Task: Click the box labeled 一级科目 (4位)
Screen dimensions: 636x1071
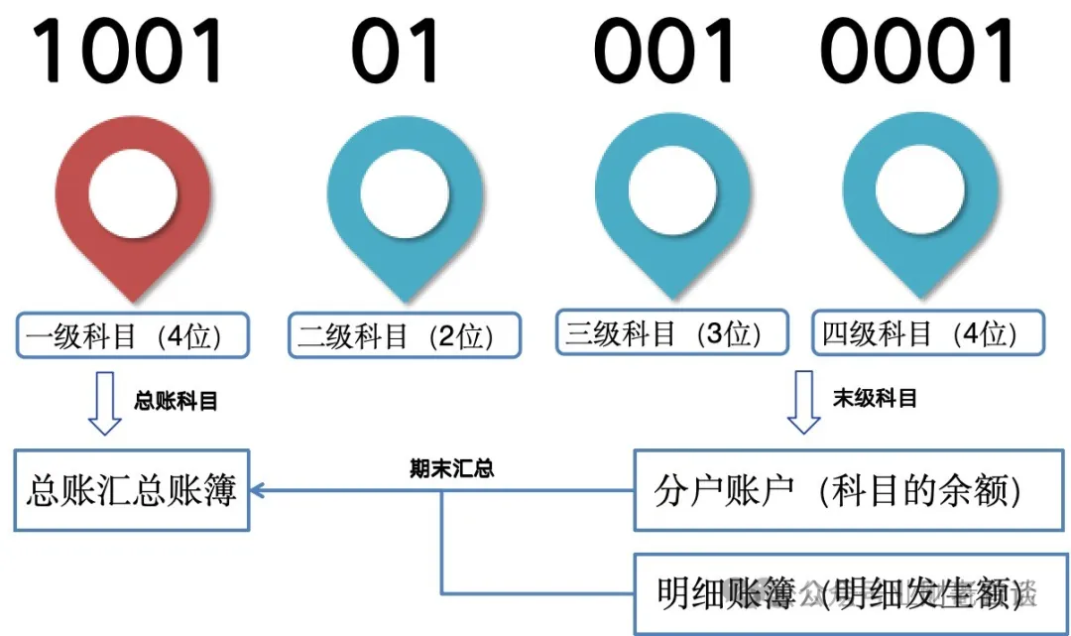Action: [132, 335]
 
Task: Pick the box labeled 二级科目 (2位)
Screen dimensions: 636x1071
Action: [405, 335]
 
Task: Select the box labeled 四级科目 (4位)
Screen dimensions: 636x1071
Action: [928, 332]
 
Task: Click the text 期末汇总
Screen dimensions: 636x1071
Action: [451, 468]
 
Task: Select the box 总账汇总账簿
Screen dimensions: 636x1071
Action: [132, 490]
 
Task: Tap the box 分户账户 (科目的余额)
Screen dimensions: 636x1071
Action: [838, 490]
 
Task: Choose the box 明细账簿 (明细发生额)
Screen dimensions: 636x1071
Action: [838, 592]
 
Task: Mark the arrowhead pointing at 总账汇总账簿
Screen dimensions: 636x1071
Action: [258, 490]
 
